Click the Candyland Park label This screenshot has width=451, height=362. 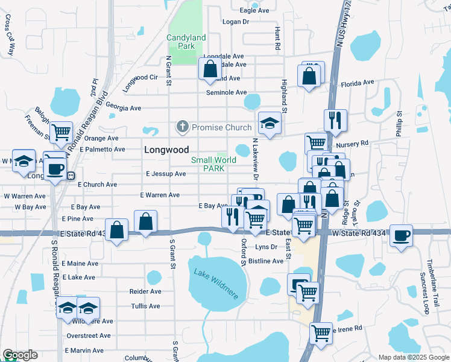click(186, 42)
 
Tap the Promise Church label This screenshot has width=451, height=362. click(221, 127)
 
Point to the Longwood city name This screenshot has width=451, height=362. click(166, 150)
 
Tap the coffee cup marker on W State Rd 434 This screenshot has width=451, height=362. click(401, 235)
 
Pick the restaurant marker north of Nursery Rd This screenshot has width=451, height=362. click(335, 119)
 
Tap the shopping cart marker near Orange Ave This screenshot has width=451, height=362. click(61, 132)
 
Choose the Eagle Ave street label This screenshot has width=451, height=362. click(254, 11)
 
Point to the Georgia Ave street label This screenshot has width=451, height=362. click(123, 108)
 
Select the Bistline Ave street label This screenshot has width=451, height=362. click(266, 261)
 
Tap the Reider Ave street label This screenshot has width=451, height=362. click(145, 291)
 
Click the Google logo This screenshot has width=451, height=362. click(20, 355)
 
